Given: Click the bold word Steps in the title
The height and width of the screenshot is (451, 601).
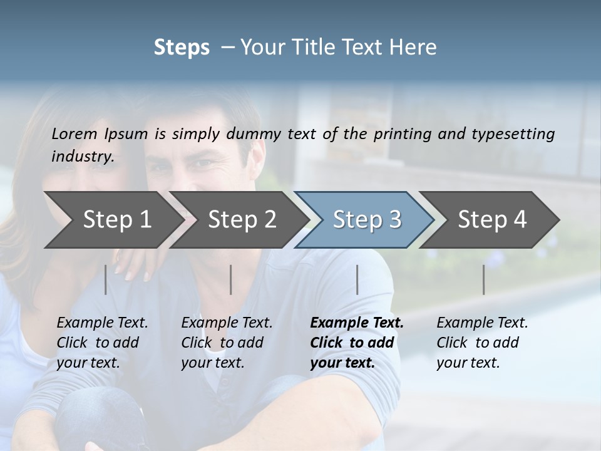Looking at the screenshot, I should (x=182, y=48).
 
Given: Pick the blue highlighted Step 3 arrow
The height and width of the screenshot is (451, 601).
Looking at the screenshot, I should (x=367, y=220).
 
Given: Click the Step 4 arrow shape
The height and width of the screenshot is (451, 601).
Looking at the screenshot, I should (x=492, y=220).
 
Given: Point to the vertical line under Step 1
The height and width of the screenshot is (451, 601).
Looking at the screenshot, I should (x=106, y=279).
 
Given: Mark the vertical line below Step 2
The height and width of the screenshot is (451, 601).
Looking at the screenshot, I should (x=231, y=279).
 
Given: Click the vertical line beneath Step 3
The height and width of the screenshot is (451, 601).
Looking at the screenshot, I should (x=357, y=279).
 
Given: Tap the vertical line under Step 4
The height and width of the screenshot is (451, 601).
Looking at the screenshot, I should (x=484, y=279).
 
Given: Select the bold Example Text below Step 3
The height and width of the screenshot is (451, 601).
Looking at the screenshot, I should (x=356, y=343).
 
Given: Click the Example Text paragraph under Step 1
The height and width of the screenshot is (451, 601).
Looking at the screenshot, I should (x=102, y=343).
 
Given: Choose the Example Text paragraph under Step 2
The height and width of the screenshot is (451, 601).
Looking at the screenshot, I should (x=227, y=343).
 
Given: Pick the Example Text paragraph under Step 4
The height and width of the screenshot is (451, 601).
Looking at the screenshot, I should (x=482, y=343).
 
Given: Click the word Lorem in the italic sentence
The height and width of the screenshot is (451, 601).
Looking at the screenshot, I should (x=73, y=134).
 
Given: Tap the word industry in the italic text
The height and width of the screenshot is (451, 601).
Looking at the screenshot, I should (x=82, y=157).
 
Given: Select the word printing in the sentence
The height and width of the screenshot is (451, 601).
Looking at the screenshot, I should (x=401, y=134).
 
